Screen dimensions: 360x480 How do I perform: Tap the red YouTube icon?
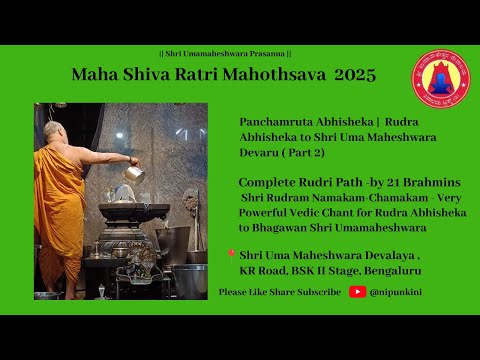click(x=357, y=292)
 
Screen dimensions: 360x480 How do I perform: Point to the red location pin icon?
click(x=230, y=255)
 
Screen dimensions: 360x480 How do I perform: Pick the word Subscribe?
click(x=316, y=292)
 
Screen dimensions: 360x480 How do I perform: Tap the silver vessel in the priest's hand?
click(x=134, y=173)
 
